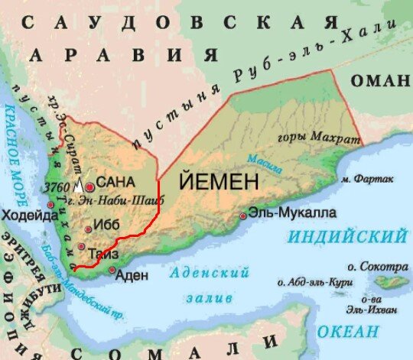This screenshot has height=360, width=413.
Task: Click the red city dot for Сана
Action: coord(90,185)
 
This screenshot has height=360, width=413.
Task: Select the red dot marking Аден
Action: coord(112,270)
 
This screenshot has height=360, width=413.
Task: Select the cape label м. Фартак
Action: coord(367,180)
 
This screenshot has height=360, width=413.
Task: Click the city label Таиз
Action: coord(102,253)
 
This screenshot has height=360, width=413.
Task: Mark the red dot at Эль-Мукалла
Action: coord(242,216)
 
